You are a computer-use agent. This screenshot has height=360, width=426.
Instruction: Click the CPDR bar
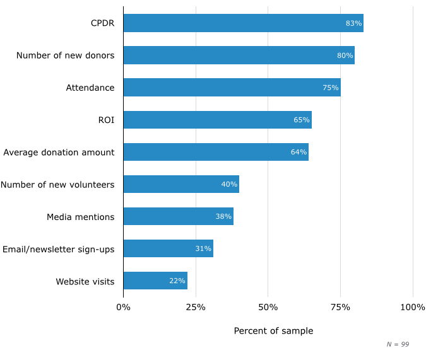coord(243,23)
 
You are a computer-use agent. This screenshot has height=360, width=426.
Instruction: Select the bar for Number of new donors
coord(239,55)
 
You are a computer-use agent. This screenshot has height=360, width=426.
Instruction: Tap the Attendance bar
coord(232,88)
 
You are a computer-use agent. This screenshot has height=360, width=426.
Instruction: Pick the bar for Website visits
coord(155,281)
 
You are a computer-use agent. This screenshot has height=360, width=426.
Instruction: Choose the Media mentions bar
coord(178,216)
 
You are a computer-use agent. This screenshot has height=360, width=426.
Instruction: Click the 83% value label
coord(353,23)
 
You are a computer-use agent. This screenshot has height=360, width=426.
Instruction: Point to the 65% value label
coord(301,120)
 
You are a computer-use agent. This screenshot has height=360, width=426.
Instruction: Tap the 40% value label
coord(229,184)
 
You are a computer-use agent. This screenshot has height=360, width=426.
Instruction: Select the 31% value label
coord(203,248)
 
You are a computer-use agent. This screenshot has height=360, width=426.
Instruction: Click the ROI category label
coord(106,120)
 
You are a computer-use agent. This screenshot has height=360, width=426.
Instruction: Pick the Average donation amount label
coord(59,152)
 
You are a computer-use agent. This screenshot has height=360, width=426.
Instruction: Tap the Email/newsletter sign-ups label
coord(58,249)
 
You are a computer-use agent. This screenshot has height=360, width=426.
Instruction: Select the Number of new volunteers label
coord(57,185)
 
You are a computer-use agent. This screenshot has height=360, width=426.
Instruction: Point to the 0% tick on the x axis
coord(123,307)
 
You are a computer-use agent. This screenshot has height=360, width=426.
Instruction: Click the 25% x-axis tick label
coord(196,307)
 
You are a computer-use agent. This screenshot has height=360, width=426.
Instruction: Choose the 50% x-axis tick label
coord(268,307)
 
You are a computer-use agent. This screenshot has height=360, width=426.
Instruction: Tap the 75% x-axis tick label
coord(340,307)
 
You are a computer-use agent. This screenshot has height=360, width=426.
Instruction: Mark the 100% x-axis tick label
coord(413,307)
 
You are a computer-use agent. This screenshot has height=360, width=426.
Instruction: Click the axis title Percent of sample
coord(273,331)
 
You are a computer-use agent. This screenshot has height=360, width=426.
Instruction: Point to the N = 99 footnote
coord(398,344)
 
